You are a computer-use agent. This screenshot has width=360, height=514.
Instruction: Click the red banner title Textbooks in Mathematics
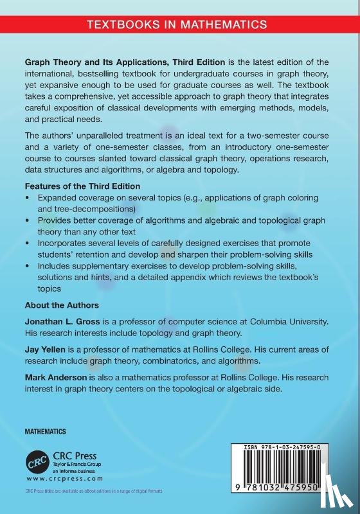coord(177,25)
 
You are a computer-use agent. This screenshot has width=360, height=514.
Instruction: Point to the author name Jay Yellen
coord(45,349)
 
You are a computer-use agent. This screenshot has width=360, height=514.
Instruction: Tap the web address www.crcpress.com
coord(57,479)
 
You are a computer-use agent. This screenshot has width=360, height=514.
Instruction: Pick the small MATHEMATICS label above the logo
coord(46,431)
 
